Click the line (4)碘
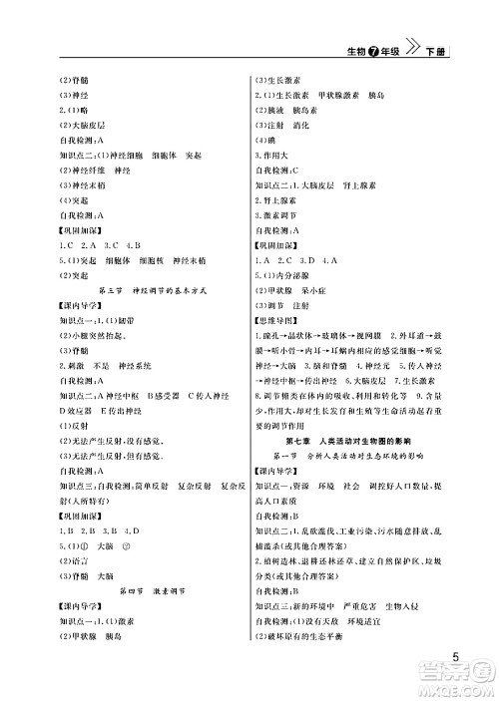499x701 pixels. [x=265, y=142]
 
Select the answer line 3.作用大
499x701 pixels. [x=274, y=157]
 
